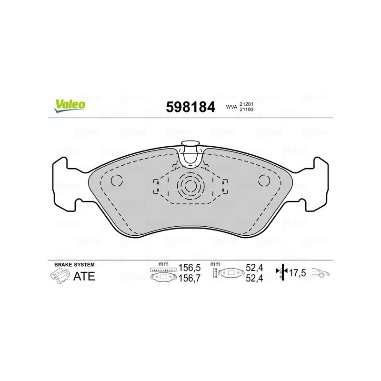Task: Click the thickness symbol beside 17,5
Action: (x=282, y=272)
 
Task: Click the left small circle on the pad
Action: (x=116, y=180)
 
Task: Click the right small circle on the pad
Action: (x=264, y=180)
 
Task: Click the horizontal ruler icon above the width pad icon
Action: (x=163, y=270)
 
